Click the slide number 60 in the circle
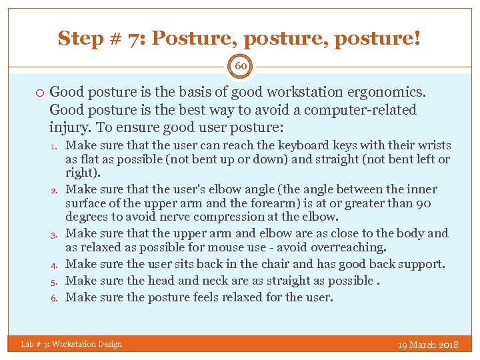coord(240,67)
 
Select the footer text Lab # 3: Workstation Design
coord(71,344)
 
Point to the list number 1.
coord(57,146)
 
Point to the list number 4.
coord(57,265)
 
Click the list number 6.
coord(57,297)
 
